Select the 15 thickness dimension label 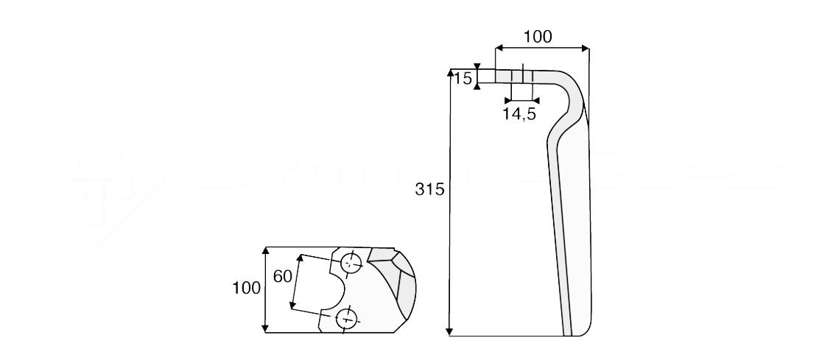[x=462, y=79]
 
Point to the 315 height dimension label [x=429, y=189]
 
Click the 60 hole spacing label [x=283, y=276]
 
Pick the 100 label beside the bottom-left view [x=247, y=288]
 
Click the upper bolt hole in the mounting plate [x=350, y=262]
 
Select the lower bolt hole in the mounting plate [x=345, y=318]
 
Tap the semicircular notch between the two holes [x=335, y=289]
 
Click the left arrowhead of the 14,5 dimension [x=509, y=99]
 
